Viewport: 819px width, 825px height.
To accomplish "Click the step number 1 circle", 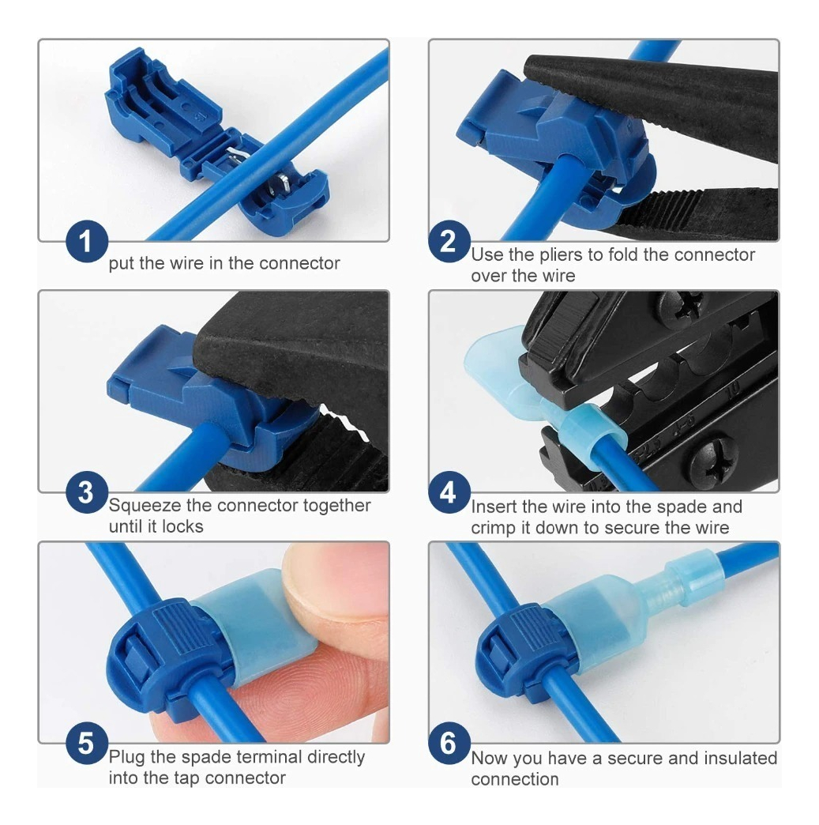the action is (87, 242).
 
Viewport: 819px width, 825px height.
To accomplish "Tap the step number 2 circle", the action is (449, 242).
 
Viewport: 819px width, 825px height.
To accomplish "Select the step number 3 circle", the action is (87, 492).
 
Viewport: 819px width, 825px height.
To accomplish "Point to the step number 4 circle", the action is (449, 492).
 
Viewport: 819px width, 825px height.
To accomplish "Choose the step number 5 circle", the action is (87, 744).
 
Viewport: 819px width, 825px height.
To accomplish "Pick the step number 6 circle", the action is (449, 744).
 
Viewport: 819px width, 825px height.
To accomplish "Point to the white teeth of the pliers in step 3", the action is (344, 421).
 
